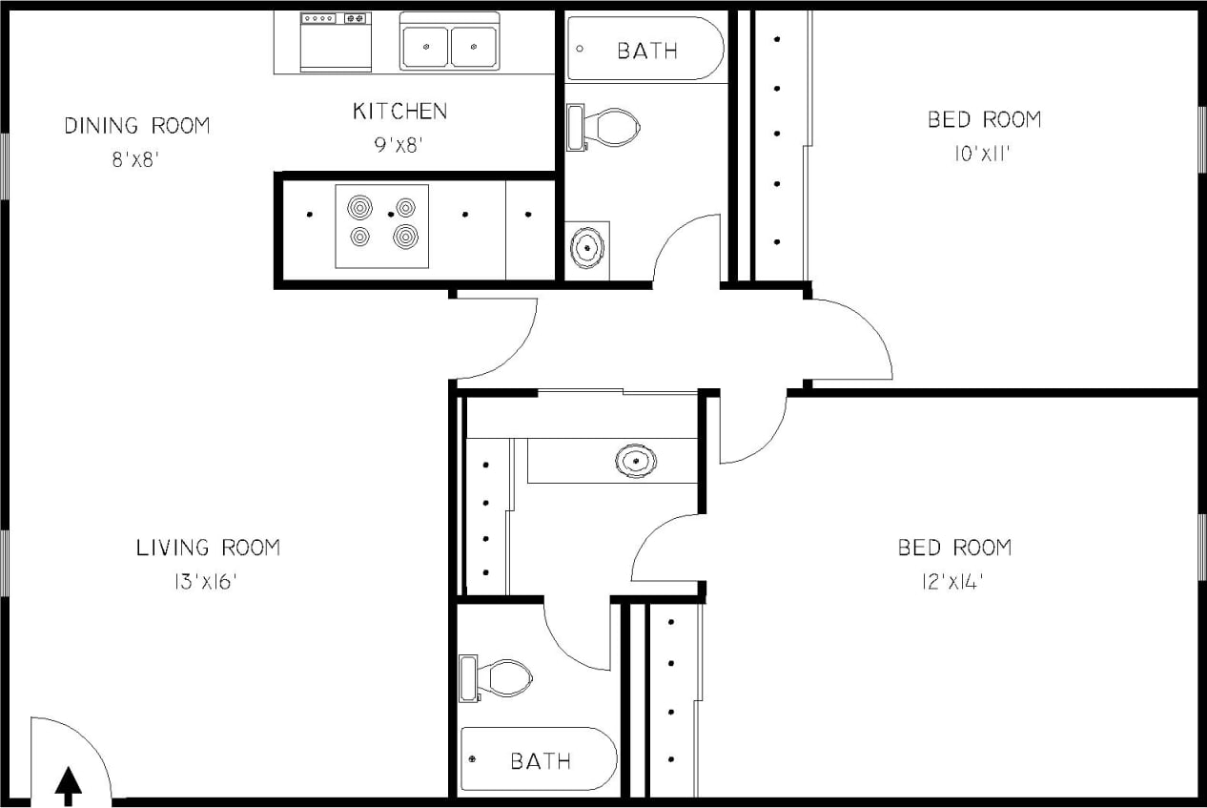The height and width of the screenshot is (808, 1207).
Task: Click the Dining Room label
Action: click(x=136, y=126)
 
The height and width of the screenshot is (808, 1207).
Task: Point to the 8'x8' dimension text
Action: click(x=133, y=160)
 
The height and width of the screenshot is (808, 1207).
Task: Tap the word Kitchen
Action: click(x=399, y=112)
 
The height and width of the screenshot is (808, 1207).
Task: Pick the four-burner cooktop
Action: click(x=381, y=226)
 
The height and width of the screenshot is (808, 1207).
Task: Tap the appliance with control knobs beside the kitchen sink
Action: click(x=336, y=42)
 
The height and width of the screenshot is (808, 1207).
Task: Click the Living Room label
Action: click(x=208, y=548)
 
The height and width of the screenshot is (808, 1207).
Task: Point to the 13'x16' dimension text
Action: click(x=205, y=581)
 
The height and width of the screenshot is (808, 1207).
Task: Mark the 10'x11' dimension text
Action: click(x=982, y=154)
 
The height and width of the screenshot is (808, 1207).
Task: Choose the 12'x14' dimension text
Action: click(x=952, y=581)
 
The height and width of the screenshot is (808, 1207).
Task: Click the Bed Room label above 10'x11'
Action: click(x=984, y=120)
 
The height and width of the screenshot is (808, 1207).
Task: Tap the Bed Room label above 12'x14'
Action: click(x=954, y=548)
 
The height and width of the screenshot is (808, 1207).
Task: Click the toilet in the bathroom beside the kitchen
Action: click(x=606, y=127)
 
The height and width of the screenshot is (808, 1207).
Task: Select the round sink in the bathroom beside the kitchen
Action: click(x=587, y=248)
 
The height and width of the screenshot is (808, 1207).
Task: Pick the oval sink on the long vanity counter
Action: click(x=635, y=461)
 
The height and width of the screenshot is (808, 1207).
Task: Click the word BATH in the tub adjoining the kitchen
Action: click(x=647, y=51)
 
